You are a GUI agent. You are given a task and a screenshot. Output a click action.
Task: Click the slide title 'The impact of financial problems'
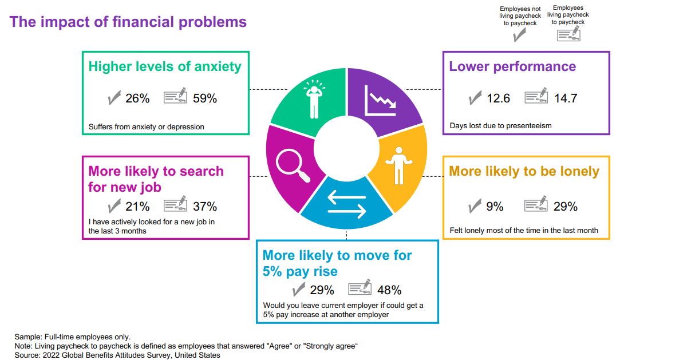pyautogui.click(x=128, y=22)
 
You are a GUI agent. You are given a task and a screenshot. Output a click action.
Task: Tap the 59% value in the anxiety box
pyautogui.click(x=205, y=98)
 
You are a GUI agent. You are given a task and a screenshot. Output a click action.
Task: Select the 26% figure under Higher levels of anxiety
pyautogui.click(x=137, y=98)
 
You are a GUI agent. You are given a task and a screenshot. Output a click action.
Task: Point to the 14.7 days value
pyautogui.click(x=566, y=98)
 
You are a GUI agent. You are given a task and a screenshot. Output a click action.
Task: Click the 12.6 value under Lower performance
pyautogui.click(x=498, y=98)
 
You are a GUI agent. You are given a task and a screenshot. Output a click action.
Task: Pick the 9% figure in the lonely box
pyautogui.click(x=495, y=207)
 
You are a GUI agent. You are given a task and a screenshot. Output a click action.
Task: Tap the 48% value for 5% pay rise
pyautogui.click(x=389, y=290)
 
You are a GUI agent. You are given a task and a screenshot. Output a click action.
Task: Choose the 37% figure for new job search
pyautogui.click(x=205, y=207)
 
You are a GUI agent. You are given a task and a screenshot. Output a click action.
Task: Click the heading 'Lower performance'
pyautogui.click(x=512, y=66)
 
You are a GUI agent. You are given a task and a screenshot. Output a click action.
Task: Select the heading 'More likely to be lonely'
pyautogui.click(x=524, y=171)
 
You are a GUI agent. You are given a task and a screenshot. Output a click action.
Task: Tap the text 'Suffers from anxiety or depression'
pyautogui.click(x=147, y=126)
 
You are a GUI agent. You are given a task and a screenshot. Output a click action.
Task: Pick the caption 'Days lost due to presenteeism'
pyautogui.click(x=500, y=125)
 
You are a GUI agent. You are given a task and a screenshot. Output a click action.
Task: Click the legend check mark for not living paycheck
pyautogui.click(x=520, y=36)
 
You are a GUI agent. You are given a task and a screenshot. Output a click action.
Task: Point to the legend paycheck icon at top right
pyautogui.click(x=568, y=34)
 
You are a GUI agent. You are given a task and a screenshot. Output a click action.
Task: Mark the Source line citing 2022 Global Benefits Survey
pyautogui.click(x=117, y=355)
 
